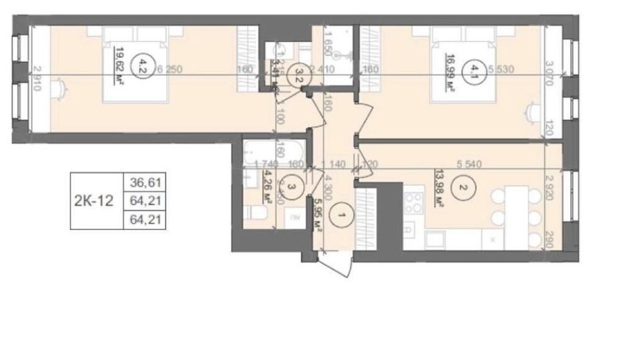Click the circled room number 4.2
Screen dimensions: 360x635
(140, 65)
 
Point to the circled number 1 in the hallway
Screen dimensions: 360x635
(341, 216)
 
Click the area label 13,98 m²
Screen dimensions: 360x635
(440, 187)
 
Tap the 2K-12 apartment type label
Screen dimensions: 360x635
(94, 199)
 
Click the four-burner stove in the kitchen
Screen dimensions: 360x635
(414, 200)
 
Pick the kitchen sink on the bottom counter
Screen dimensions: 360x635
(436, 238)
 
